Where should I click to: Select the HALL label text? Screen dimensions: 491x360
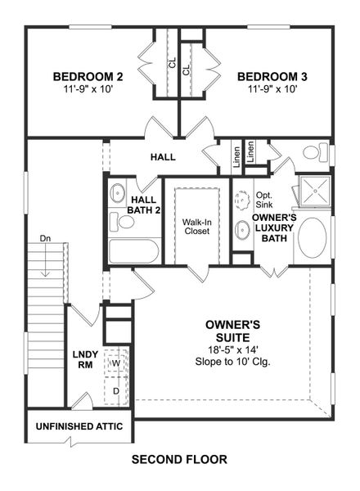coord(163,156)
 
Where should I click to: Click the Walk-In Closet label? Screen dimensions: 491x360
coord(196,227)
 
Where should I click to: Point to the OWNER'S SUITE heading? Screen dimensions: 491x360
coord(232,331)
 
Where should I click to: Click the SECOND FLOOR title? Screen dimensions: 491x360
coord(179,460)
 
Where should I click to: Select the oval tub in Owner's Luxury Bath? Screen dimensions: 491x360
coord(313,237)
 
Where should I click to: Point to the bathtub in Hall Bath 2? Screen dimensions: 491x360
coord(132,250)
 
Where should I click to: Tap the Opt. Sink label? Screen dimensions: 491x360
coord(264,201)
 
